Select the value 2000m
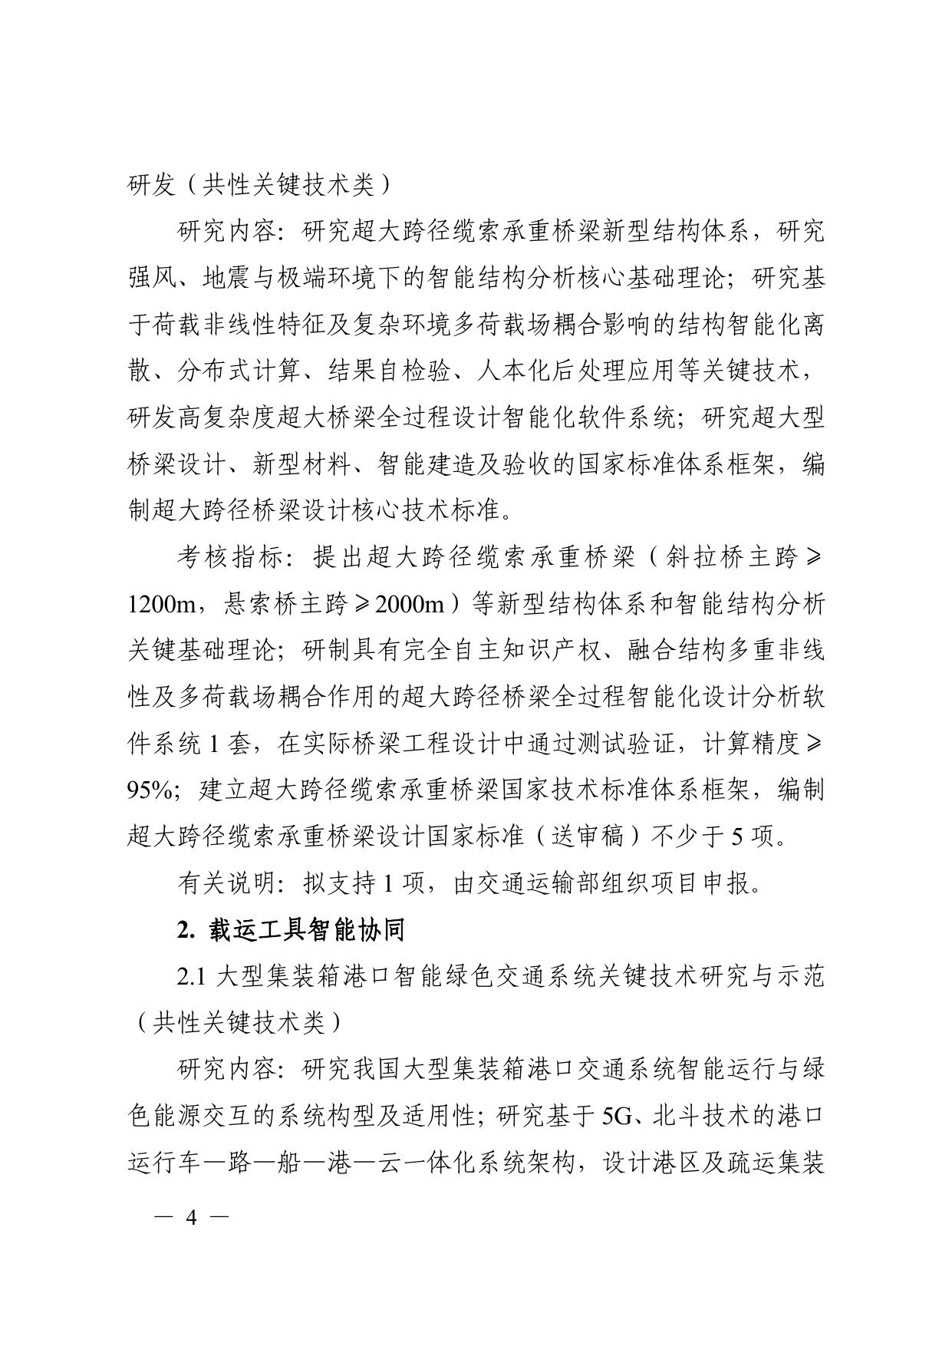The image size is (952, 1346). click(x=410, y=605)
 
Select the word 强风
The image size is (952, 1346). click(x=152, y=279)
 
